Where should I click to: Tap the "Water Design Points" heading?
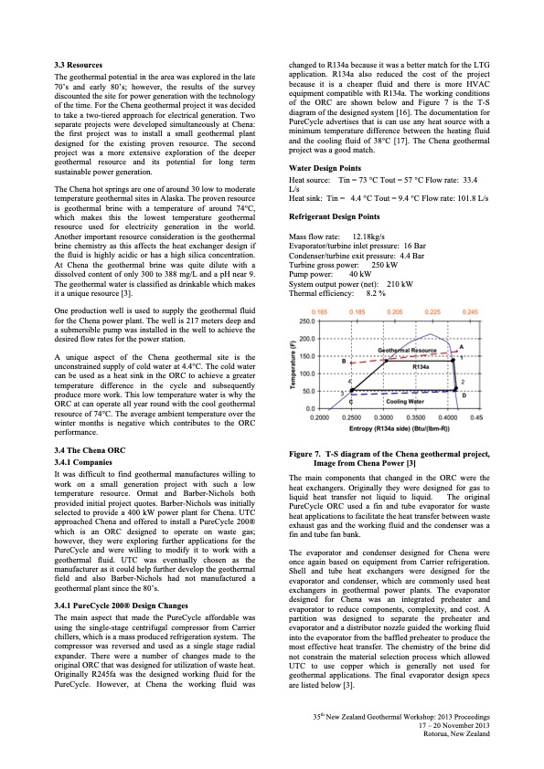pos(325,169)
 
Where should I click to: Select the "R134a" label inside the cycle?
pos(421,365)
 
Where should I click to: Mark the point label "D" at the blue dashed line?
pos(464,422)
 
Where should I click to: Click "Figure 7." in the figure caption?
pos(309,456)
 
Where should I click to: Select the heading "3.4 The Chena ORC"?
pos(91,450)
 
